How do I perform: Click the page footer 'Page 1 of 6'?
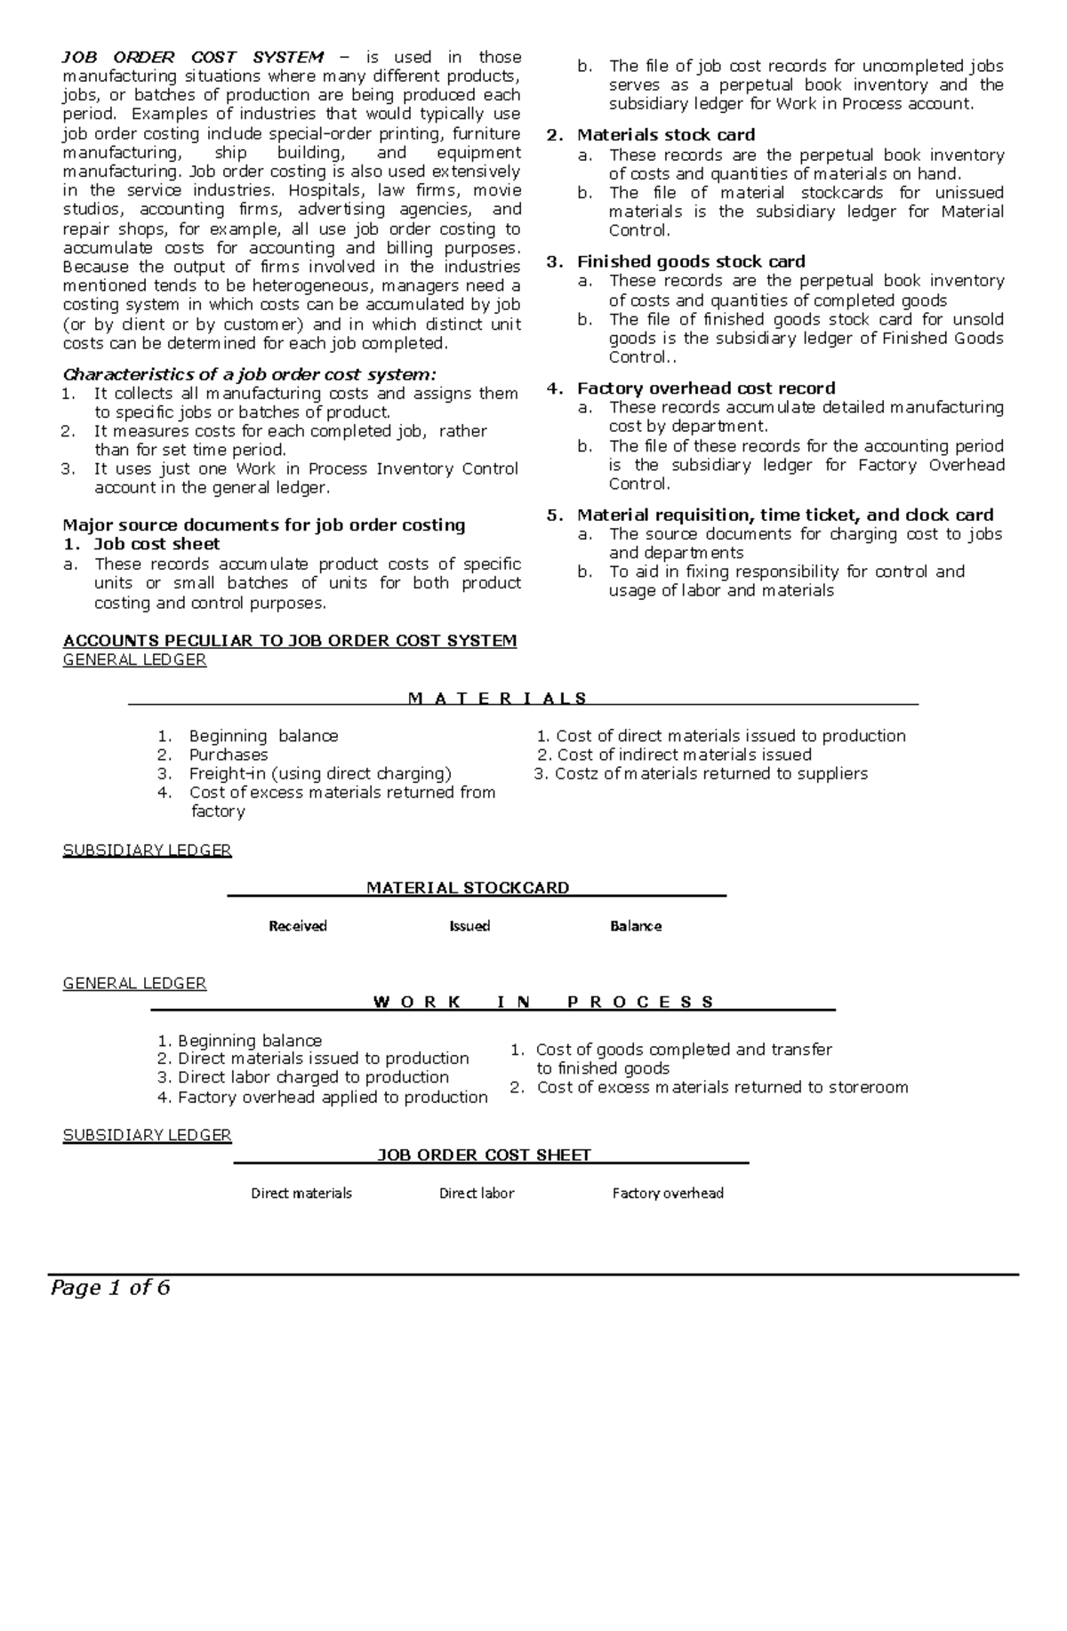click(110, 1287)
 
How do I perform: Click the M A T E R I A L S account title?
click(497, 698)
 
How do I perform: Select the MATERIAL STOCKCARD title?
click(468, 887)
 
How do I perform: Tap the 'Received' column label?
click(298, 926)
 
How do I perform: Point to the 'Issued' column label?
click(469, 926)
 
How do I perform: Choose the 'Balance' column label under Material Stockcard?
click(635, 926)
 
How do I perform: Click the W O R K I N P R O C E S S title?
click(543, 1002)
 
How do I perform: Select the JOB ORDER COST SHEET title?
click(485, 1155)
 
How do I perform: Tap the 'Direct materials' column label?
click(301, 1193)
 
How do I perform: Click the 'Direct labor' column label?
click(477, 1193)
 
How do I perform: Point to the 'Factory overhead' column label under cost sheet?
click(668, 1193)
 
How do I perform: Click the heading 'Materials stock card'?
click(666, 135)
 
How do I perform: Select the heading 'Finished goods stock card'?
click(691, 261)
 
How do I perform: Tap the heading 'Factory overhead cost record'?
click(706, 388)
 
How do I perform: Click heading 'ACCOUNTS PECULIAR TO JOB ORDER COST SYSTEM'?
click(290, 641)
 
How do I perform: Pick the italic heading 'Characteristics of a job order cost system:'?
click(250, 374)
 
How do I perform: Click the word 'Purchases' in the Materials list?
click(229, 755)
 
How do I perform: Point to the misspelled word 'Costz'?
click(575, 773)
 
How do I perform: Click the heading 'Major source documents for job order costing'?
click(264, 525)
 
